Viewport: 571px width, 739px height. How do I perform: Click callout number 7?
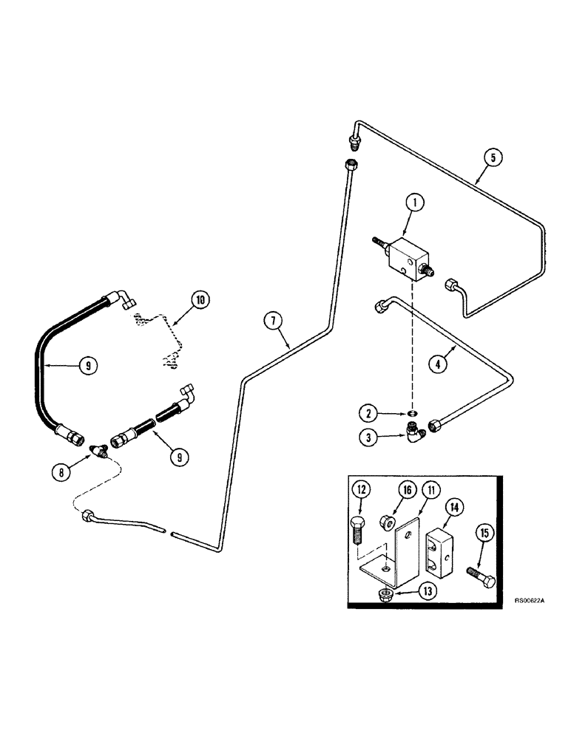click(x=274, y=321)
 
